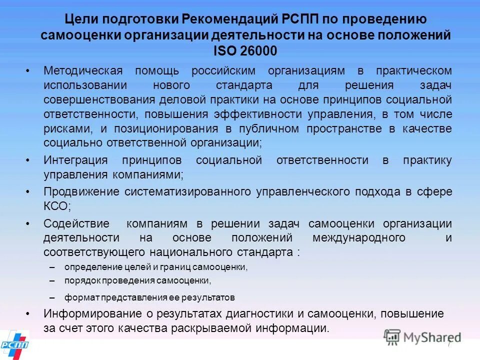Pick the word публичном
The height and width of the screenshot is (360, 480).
pyautogui.click(x=271, y=128)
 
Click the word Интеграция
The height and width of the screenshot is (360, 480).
pyautogui.click(x=75, y=160)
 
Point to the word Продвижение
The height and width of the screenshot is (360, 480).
pyautogui.click(x=81, y=191)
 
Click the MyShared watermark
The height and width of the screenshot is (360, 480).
pyautogui.click(x=423, y=337)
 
